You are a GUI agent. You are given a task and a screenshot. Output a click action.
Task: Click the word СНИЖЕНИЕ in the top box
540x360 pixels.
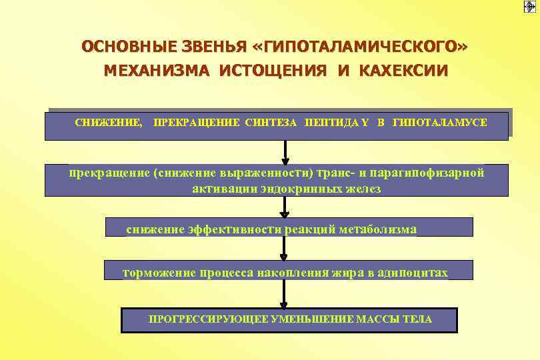point(108,123)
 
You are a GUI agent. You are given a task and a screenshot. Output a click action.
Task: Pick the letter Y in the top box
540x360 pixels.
point(366,123)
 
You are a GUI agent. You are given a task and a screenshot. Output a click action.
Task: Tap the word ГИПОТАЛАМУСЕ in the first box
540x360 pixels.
point(440,123)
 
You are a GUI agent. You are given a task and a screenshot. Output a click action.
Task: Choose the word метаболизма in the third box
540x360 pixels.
point(381,229)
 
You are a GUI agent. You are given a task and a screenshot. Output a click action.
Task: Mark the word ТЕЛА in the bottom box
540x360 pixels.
point(417,319)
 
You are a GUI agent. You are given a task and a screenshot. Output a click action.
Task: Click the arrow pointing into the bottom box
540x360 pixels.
point(285,294)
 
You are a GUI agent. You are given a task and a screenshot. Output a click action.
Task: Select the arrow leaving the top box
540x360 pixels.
point(285,152)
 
